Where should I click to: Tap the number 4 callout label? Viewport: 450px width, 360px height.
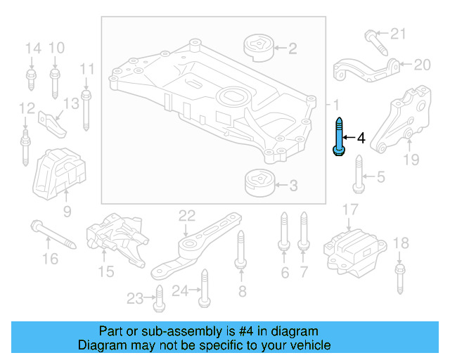point(361,138)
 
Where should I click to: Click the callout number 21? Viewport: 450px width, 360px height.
point(399,33)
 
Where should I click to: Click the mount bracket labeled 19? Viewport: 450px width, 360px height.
point(401,120)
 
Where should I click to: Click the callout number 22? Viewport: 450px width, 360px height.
point(186,214)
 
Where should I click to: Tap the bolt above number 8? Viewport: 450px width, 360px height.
point(240,250)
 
